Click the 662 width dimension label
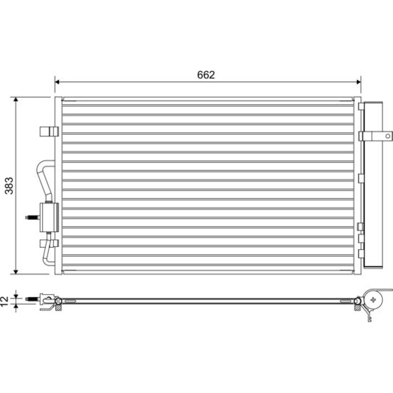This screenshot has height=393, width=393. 206,75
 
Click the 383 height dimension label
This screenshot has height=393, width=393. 9,186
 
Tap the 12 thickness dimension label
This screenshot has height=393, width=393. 4,301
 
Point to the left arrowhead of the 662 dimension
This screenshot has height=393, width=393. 57,82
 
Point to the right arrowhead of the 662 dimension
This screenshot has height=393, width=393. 359,82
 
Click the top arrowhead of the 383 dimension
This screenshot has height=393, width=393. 16,99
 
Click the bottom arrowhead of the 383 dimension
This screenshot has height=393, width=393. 16,272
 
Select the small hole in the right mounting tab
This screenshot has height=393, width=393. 387,136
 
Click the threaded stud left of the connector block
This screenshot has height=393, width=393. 33,217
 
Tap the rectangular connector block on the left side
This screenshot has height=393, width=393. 49,217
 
